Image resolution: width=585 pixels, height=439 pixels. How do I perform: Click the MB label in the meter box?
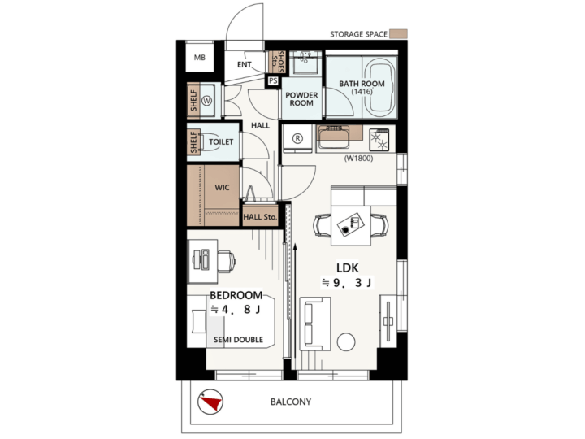(x=200, y=58)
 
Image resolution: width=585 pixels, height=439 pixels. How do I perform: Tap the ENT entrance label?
(x=245, y=64)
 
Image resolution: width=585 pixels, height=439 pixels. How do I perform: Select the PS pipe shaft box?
(x=273, y=80)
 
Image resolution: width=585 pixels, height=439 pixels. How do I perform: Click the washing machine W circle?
(x=206, y=101)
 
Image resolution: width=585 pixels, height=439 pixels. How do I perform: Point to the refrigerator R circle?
(x=297, y=138)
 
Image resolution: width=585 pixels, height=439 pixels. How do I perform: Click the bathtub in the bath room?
(x=379, y=87)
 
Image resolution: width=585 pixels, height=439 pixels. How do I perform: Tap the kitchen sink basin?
(x=333, y=137)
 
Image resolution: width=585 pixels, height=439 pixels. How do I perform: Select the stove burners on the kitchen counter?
(x=379, y=140)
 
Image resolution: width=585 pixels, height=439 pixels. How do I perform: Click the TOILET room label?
(x=221, y=141)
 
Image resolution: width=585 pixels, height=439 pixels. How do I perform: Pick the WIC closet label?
(x=222, y=188)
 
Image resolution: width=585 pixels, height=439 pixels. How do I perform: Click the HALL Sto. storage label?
(x=260, y=217)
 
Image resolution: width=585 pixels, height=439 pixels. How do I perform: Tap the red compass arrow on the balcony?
(x=210, y=403)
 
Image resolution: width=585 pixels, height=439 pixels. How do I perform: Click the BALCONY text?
(x=291, y=402)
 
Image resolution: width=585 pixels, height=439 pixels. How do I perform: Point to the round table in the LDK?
(x=346, y=341)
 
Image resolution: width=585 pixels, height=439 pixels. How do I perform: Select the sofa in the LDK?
(x=315, y=324)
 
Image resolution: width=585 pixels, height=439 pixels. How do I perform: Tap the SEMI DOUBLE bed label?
(x=238, y=340)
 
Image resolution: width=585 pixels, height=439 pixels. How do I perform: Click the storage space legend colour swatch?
(x=398, y=34)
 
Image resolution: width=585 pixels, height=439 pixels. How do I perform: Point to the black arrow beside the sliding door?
(x=295, y=301)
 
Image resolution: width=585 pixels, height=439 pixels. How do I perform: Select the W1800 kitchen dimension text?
(x=358, y=159)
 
